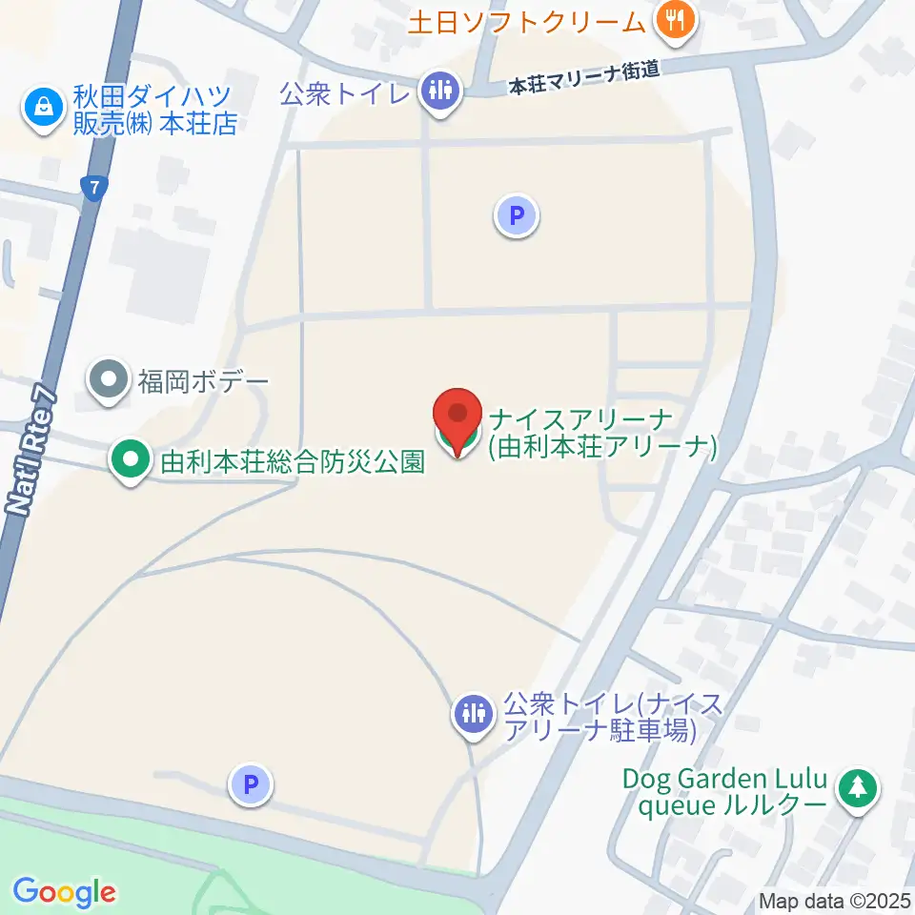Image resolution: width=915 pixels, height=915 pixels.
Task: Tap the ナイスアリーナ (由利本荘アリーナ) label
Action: tap(600, 433)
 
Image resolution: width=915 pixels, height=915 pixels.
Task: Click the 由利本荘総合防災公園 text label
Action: tap(292, 462)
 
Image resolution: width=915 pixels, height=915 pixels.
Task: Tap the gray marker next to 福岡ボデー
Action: tap(109, 381)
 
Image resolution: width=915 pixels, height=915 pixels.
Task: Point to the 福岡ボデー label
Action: tap(204, 382)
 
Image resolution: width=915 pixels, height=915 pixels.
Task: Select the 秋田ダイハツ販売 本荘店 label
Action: tap(155, 110)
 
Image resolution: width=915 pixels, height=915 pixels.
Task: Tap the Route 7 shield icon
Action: tap(93, 189)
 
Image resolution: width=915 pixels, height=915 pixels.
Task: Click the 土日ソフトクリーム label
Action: tap(527, 22)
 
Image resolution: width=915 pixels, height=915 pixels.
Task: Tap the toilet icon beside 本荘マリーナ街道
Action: tap(439, 92)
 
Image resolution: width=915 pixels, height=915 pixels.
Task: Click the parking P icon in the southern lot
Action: tap(251, 785)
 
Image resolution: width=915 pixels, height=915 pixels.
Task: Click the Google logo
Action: tap(64, 892)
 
